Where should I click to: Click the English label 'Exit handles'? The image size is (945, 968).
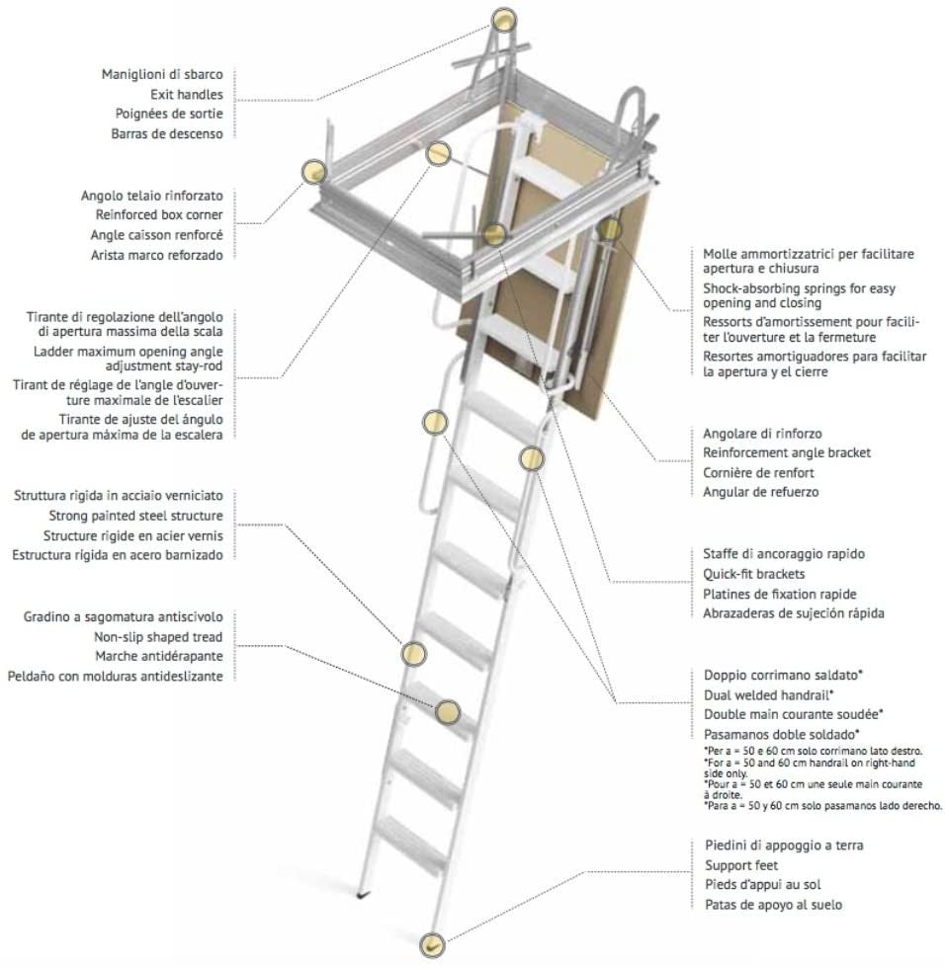(x=187, y=95)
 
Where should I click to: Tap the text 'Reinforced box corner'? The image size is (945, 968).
(x=158, y=214)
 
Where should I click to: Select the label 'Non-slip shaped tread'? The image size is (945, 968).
(x=158, y=636)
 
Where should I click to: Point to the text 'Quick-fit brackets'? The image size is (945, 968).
(x=753, y=573)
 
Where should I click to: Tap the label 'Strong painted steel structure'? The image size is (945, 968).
(x=135, y=516)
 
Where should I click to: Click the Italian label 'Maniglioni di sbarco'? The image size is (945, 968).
(x=162, y=75)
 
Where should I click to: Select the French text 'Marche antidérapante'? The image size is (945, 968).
(x=158, y=656)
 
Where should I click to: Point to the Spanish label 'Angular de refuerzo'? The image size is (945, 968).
(x=760, y=492)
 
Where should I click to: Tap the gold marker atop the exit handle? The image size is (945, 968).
(x=504, y=19)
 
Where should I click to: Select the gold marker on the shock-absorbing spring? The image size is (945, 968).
(x=610, y=229)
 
